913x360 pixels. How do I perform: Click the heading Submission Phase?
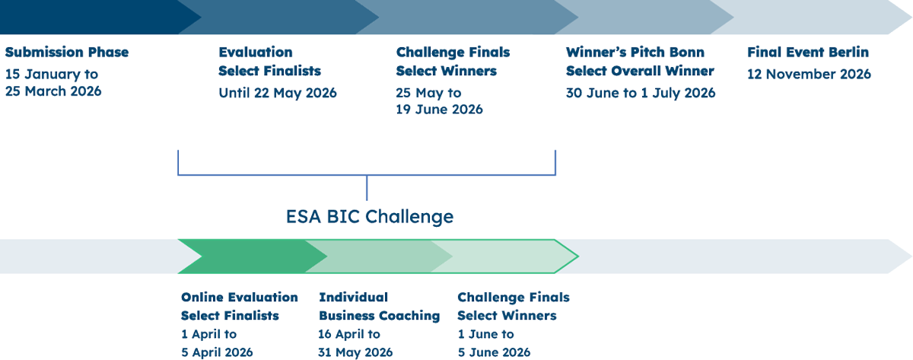coord(67,53)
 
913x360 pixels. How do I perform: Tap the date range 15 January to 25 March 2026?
coord(53,83)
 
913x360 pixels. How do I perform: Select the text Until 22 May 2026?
coord(277,94)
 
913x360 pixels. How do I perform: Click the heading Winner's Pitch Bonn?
coord(635,53)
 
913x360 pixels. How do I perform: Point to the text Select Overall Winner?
coord(640,71)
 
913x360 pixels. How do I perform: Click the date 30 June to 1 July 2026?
coord(641,93)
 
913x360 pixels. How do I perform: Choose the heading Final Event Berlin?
coord(808,53)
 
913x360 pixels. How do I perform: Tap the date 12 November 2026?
coord(809,75)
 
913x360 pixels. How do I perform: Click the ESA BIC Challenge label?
coord(370,217)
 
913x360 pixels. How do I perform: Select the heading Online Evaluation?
coord(240,297)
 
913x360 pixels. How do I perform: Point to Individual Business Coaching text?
coord(379,306)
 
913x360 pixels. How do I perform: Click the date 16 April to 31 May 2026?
coord(355,343)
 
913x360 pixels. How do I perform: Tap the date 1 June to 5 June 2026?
coord(494,343)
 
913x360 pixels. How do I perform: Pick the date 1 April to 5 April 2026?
coord(217,343)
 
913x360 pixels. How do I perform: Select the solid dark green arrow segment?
coord(243,256)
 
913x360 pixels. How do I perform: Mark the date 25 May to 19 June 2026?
coord(439,101)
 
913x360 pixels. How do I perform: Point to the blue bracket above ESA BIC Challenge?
coord(367,174)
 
